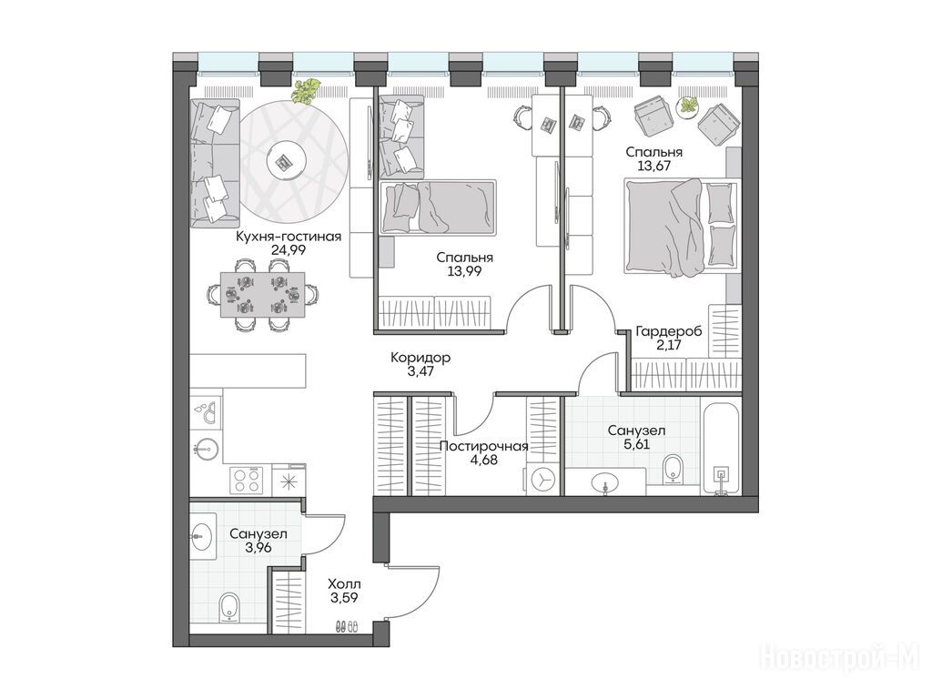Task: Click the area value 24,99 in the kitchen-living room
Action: [289, 250]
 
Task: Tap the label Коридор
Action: [420, 358]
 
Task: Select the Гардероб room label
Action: [669, 331]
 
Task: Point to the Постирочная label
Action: [484, 446]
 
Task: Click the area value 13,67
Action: [653, 167]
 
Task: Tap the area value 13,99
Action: [464, 271]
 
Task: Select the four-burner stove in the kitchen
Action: [248, 479]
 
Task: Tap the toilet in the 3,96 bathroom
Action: [228, 607]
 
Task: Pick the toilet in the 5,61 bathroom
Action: [673, 469]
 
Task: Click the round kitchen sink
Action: [206, 449]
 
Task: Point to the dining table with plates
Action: [263, 295]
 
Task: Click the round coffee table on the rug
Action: [287, 160]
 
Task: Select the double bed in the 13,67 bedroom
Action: [682, 227]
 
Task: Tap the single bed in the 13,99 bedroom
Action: [438, 207]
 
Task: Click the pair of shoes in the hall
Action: [347, 626]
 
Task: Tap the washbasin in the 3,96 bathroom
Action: [203, 537]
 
